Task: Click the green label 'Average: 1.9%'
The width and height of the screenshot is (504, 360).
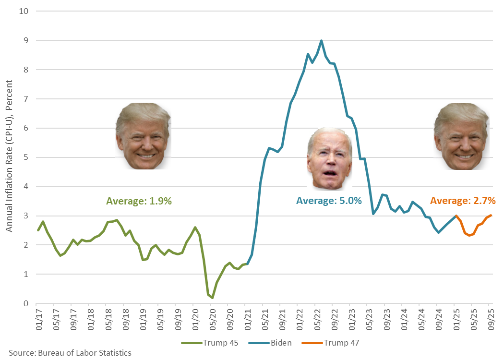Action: click(x=139, y=201)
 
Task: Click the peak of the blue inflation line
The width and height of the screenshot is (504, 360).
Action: click(x=321, y=41)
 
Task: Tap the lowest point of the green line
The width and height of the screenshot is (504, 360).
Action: click(x=212, y=298)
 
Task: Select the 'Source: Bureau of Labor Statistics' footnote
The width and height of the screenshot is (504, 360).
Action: click(x=70, y=353)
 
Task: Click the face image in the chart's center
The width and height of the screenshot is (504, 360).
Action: click(x=329, y=159)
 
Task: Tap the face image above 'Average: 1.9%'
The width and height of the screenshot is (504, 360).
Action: click(x=143, y=136)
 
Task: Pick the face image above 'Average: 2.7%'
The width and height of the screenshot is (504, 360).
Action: click(x=461, y=136)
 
